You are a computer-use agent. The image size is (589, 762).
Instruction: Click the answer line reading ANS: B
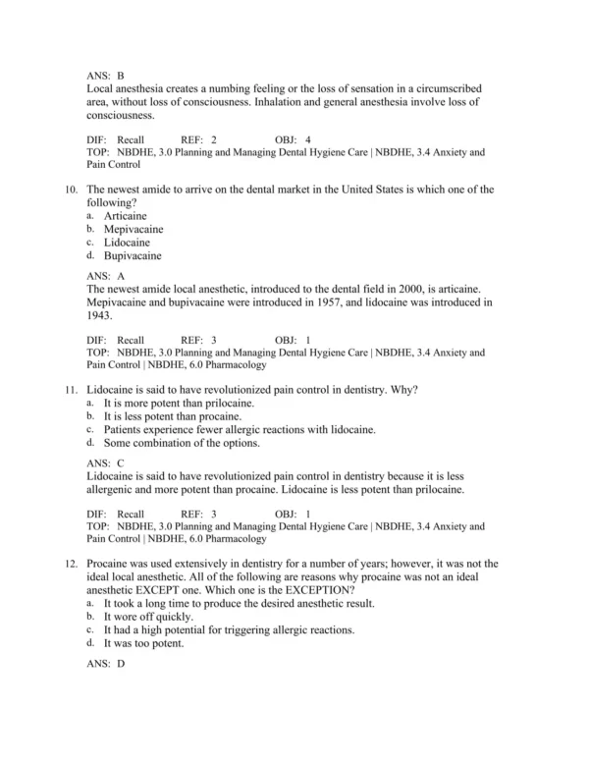(x=105, y=75)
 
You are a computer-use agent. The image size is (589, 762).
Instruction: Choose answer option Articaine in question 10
(x=126, y=216)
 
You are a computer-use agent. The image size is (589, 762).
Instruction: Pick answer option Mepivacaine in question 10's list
(x=134, y=229)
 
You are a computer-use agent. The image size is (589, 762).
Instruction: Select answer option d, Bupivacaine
(x=133, y=255)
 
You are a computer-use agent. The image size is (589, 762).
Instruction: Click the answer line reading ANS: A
(x=105, y=276)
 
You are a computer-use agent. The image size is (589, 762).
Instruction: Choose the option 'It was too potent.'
(x=148, y=643)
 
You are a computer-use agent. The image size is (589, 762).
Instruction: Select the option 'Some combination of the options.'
(x=182, y=443)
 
